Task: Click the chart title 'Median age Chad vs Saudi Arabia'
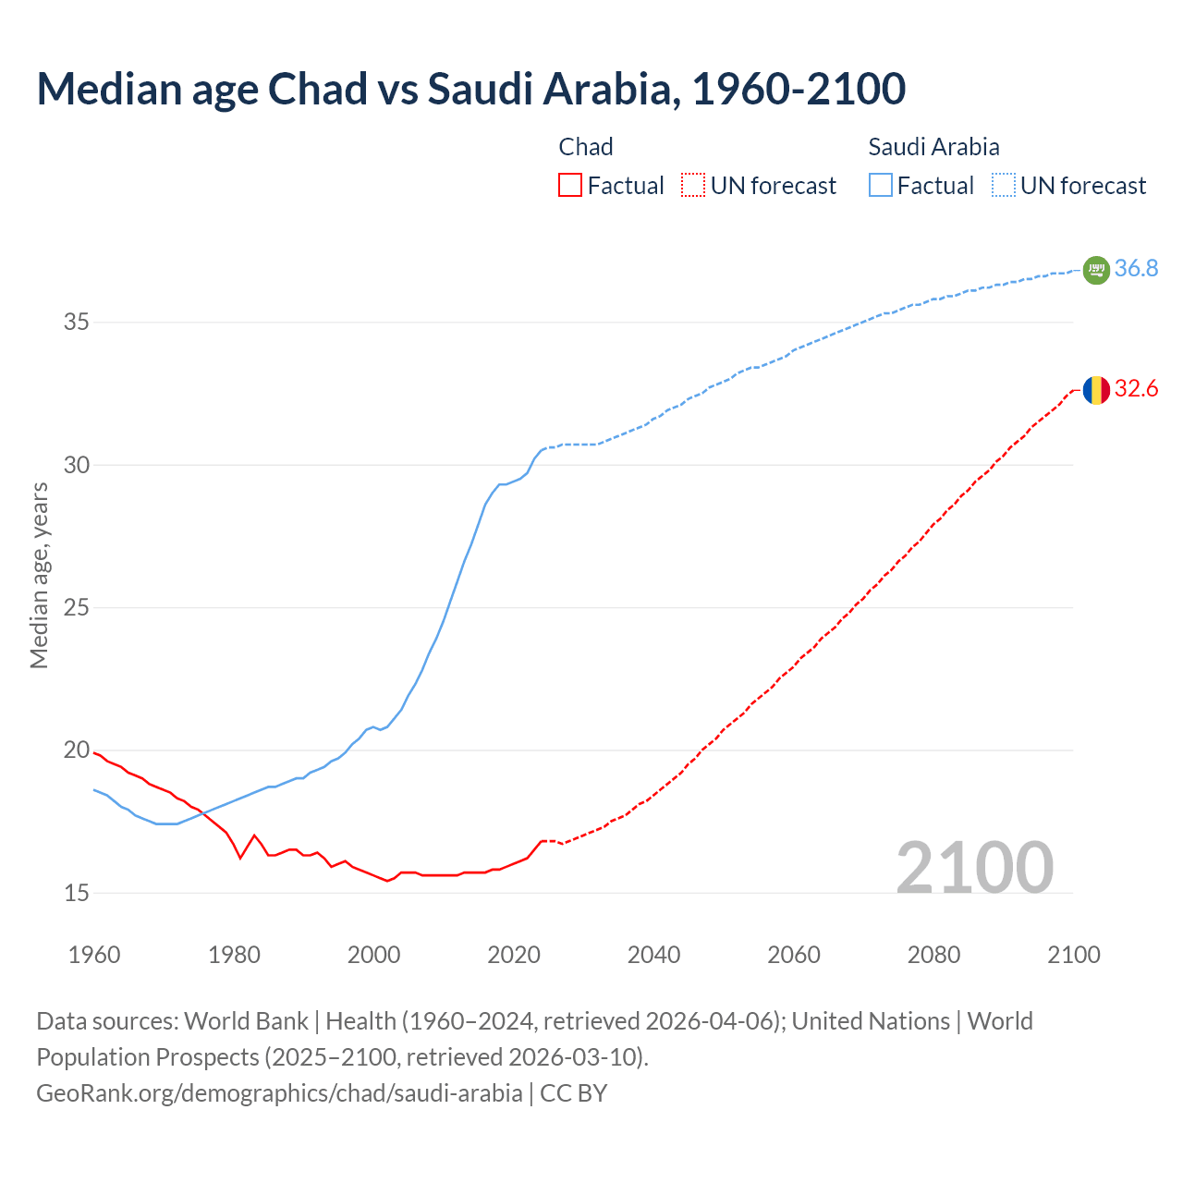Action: click(470, 89)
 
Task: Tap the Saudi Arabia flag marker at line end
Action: click(1095, 270)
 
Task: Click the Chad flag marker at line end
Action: click(1095, 390)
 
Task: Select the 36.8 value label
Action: click(1136, 269)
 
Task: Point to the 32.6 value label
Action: click(1136, 389)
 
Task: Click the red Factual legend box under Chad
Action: click(570, 186)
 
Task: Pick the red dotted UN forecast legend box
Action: click(693, 186)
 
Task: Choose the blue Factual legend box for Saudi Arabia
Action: click(881, 186)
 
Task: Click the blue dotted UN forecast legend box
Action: click(1003, 186)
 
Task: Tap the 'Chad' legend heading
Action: click(586, 147)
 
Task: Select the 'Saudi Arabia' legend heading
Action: click(933, 147)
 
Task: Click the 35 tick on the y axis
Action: click(77, 323)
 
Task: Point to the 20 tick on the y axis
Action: click(77, 750)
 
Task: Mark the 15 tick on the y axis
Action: click(77, 893)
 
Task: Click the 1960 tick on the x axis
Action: click(94, 955)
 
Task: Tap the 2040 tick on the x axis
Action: click(653, 955)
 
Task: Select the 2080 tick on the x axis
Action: click(933, 955)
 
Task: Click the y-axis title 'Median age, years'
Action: click(39, 575)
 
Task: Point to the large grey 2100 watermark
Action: click(974, 868)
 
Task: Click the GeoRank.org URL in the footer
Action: click(279, 1093)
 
